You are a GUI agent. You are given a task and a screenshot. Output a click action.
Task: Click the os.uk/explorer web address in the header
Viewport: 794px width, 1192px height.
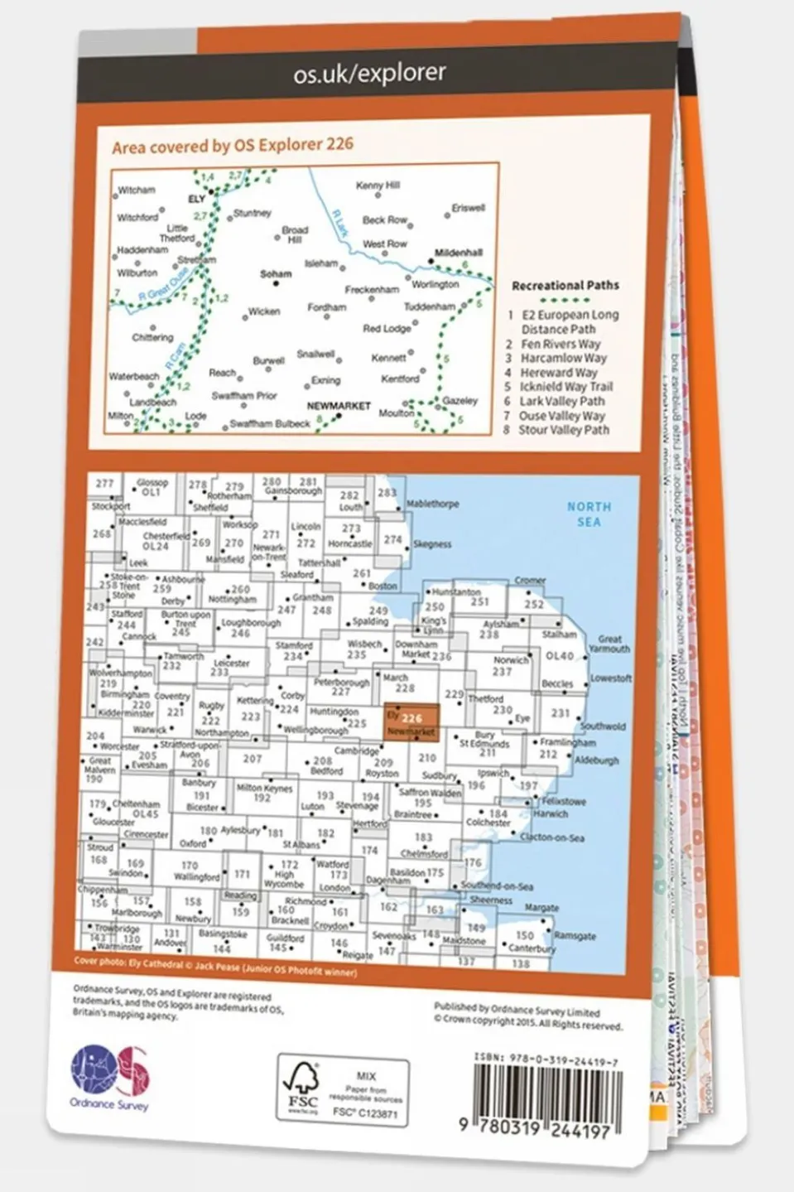click(369, 74)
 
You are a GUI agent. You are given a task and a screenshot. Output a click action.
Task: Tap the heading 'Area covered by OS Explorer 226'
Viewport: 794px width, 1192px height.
click(232, 146)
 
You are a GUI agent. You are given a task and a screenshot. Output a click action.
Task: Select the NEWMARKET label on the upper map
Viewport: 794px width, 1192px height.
click(338, 406)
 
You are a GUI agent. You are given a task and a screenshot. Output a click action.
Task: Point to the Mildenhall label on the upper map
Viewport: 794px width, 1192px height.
click(459, 253)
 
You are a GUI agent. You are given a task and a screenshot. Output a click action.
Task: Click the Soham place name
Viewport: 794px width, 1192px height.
click(276, 273)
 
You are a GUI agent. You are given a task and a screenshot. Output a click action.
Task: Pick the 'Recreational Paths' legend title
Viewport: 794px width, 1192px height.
click(565, 285)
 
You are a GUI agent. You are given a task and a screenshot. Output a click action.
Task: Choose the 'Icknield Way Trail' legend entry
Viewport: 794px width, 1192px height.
click(565, 387)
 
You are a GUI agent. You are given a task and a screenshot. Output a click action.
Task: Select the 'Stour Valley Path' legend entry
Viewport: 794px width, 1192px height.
click(563, 430)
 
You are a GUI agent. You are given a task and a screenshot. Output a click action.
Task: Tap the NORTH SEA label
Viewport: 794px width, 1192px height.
click(589, 514)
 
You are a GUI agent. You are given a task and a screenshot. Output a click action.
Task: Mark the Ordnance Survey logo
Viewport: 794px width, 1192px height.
click(110, 1077)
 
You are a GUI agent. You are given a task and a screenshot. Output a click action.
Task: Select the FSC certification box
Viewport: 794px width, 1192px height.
click(342, 1090)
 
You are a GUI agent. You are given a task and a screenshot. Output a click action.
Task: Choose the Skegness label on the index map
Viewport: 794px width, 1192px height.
click(431, 544)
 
